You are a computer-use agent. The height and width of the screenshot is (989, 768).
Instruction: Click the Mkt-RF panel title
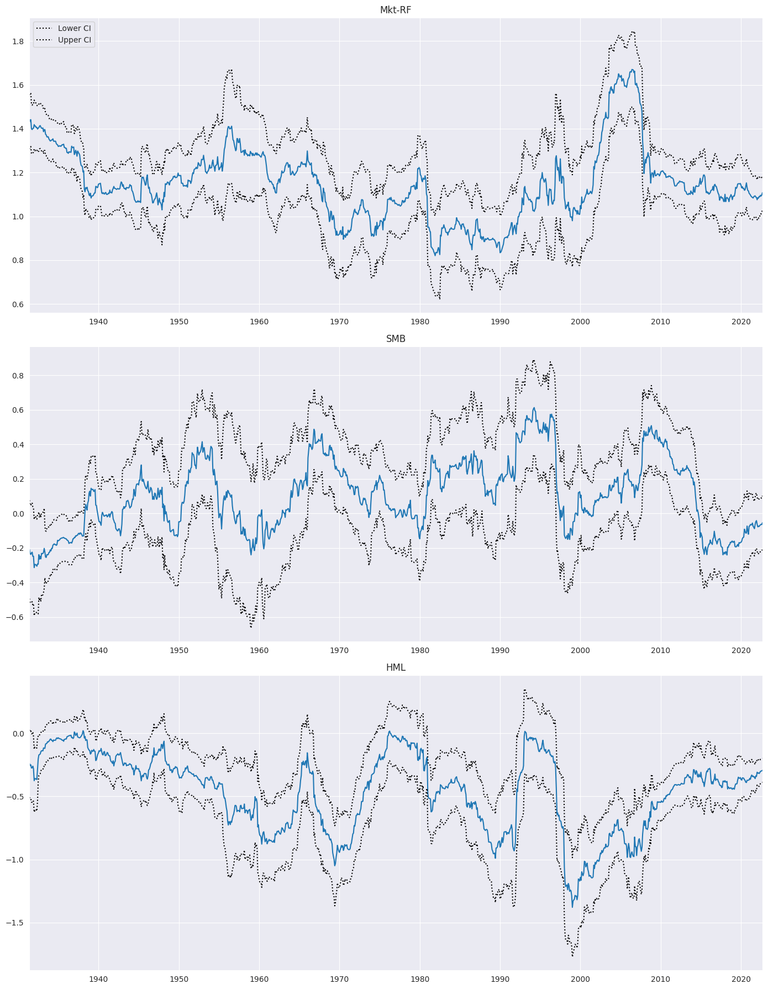(396, 10)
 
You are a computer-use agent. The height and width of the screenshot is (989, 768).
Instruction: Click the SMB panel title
(396, 339)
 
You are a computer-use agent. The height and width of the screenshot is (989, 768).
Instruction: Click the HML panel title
(396, 667)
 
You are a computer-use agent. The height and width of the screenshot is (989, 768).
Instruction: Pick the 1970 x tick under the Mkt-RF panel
(339, 322)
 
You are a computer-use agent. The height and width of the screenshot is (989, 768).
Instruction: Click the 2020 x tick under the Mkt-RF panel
(740, 322)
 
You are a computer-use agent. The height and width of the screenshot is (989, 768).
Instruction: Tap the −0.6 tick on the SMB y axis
(17, 617)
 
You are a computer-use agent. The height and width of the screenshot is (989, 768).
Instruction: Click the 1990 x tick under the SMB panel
(500, 650)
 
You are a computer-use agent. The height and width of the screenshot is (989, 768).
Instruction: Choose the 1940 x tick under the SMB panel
(98, 650)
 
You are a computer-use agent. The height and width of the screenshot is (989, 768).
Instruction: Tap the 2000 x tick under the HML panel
(580, 979)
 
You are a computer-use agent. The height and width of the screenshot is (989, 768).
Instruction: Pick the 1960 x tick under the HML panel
(259, 979)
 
